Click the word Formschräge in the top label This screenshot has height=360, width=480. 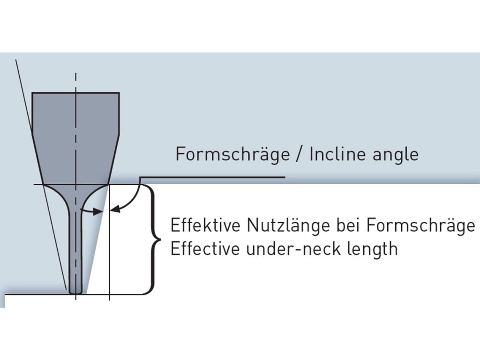pos(232,154)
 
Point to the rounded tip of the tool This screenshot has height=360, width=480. pos(76,291)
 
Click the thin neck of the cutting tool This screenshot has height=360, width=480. pos(75,248)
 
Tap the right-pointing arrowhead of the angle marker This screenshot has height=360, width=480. pos(98,212)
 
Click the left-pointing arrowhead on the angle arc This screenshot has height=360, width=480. pos(114,210)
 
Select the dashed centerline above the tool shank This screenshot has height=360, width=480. pos(75,82)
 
